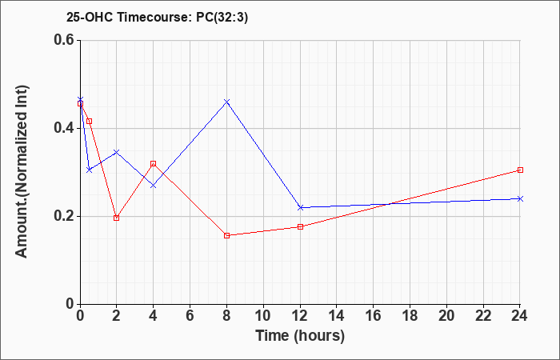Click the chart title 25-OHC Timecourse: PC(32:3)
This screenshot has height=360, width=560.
pyautogui.click(x=157, y=18)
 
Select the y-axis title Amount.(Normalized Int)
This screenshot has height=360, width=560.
pyautogui.click(x=22, y=171)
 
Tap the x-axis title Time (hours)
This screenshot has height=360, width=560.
pyautogui.click(x=300, y=336)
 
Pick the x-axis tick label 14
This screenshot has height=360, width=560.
pyautogui.click(x=337, y=316)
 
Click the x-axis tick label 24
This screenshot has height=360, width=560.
pyautogui.click(x=519, y=316)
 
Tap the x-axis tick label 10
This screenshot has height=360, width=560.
pyautogui.click(x=263, y=316)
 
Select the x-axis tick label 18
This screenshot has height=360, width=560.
pyautogui.click(x=410, y=316)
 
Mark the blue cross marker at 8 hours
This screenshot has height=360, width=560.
pyautogui.click(x=226, y=102)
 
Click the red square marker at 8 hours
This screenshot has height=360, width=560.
pyautogui.click(x=226, y=236)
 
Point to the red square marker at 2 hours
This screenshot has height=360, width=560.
pyautogui.click(x=117, y=218)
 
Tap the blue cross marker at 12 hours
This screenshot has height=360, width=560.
pyautogui.click(x=300, y=207)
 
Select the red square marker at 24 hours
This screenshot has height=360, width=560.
pyautogui.click(x=520, y=170)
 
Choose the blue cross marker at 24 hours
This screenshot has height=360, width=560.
pyautogui.click(x=520, y=198)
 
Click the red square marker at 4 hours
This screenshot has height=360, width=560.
pyautogui.click(x=154, y=163)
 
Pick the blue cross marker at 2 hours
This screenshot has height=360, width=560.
pyautogui.click(x=117, y=152)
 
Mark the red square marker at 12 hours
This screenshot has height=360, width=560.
pyautogui.click(x=300, y=226)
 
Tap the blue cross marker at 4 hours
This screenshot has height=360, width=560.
pyautogui.click(x=154, y=186)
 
